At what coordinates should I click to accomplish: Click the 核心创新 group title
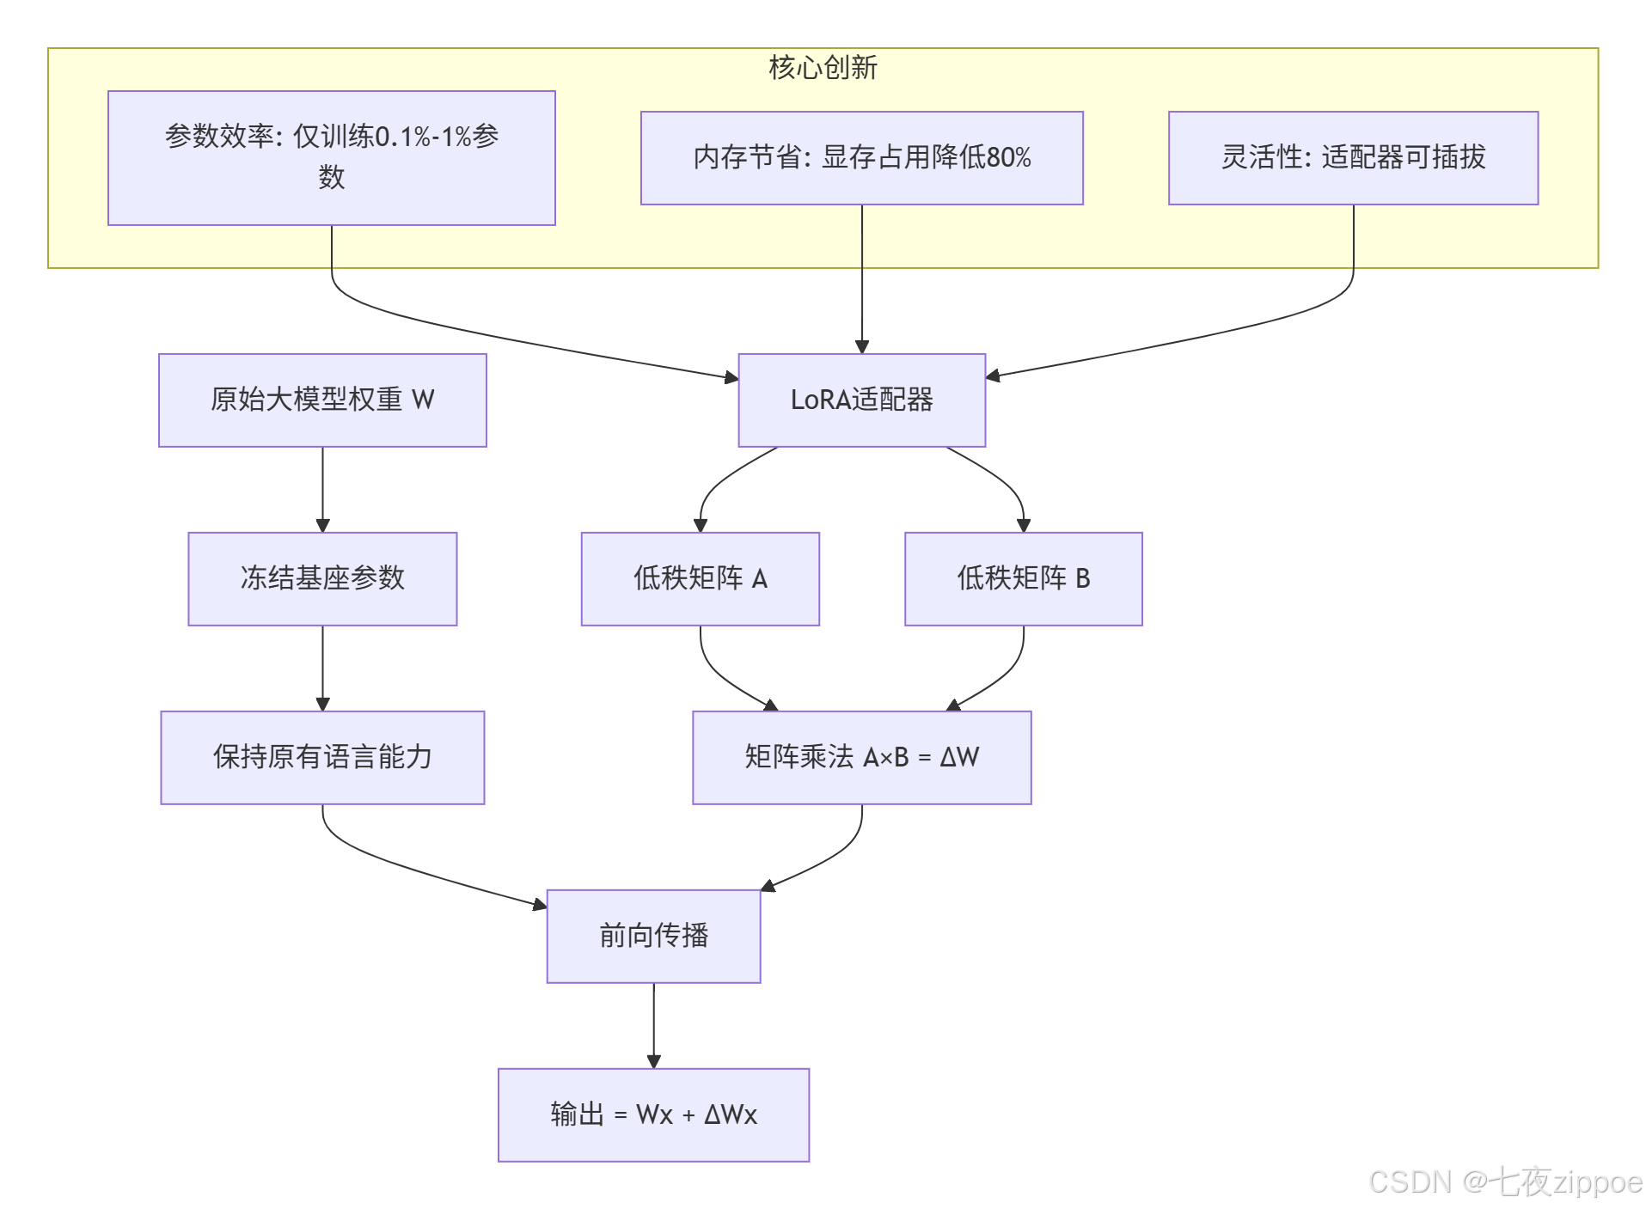pos(823,67)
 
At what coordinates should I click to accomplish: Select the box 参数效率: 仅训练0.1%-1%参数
pos(331,157)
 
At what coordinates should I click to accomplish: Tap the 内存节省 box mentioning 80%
pos(861,157)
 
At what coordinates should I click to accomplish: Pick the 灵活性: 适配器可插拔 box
pos(1353,157)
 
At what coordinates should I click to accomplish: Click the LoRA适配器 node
pos(861,400)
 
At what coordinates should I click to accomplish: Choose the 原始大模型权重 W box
pos(322,400)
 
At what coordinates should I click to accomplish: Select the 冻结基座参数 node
pos(322,578)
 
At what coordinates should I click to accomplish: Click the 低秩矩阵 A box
pos(700,578)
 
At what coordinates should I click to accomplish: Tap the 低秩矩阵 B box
pos(1023,578)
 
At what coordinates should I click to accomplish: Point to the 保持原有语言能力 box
pos(322,757)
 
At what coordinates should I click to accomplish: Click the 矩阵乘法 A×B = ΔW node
pos(861,757)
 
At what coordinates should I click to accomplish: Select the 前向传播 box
pos(653,936)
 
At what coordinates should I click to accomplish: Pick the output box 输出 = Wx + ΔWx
pos(653,1114)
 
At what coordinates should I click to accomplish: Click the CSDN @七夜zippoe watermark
pos(1504,1182)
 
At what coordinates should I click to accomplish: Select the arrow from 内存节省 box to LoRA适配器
pos(861,279)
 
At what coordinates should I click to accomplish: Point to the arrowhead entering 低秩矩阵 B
pos(1023,525)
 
